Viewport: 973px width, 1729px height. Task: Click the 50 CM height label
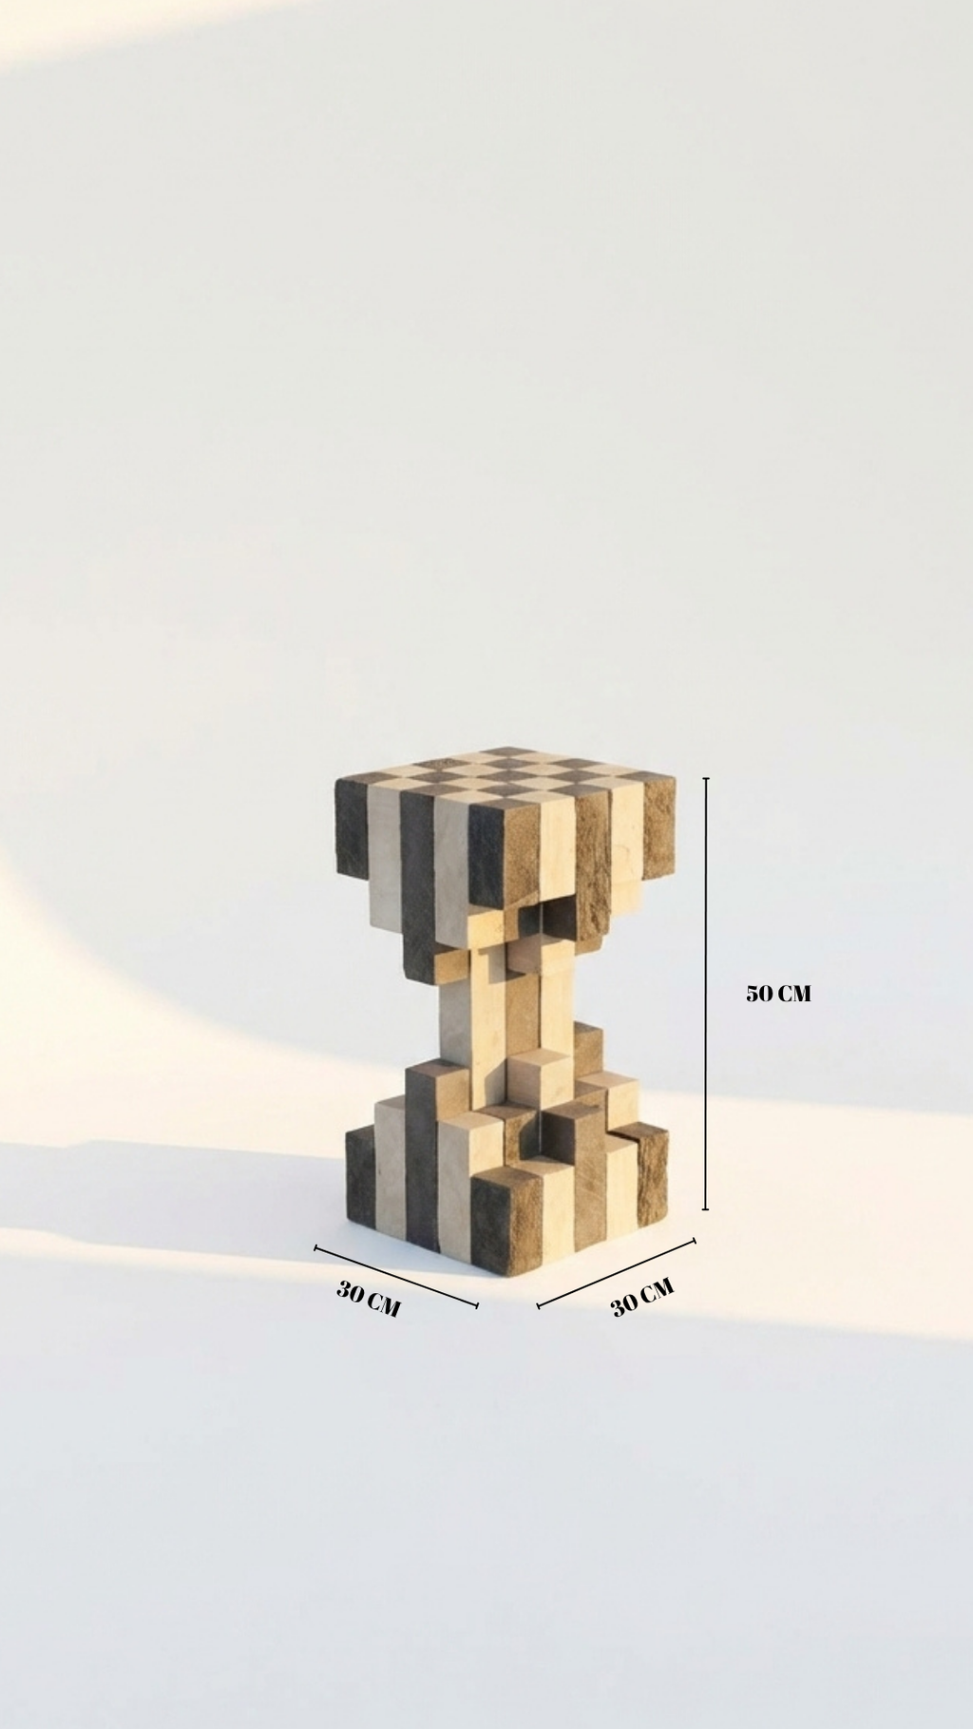click(778, 994)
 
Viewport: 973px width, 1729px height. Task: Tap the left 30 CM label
click(369, 1299)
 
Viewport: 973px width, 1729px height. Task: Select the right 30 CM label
click(642, 1297)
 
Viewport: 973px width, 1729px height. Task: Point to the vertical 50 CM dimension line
click(705, 994)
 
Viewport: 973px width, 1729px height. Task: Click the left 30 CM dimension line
click(396, 1277)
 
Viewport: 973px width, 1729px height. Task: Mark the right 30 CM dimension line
click(617, 1273)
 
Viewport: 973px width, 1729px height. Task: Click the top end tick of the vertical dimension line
click(705, 778)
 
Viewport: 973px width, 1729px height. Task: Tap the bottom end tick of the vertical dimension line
click(705, 1209)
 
